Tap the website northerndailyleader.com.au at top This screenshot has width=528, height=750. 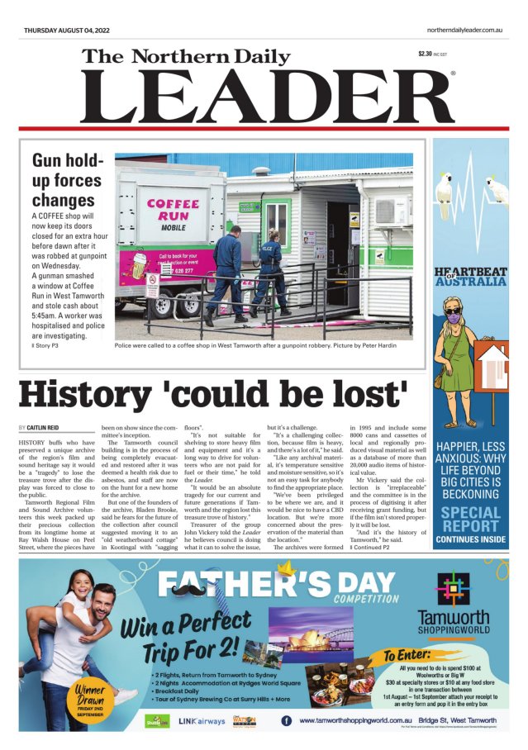pos(465,31)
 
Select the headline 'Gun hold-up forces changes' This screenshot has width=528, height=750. pos(67,179)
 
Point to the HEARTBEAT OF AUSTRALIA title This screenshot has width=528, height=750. pos(470,277)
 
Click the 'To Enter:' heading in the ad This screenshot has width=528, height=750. pos(408,654)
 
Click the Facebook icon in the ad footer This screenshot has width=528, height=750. pos(286,720)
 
